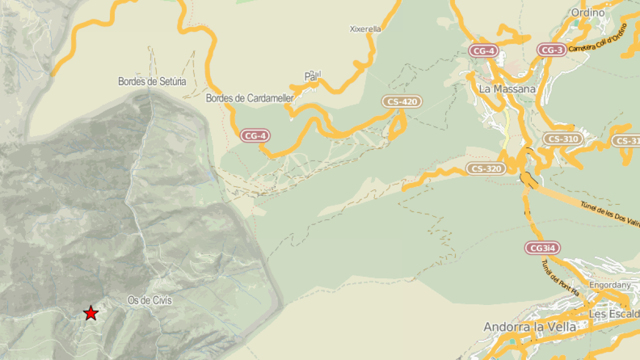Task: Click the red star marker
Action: point(91,313)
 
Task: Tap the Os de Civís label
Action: point(150,300)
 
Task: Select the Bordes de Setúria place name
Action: point(152,82)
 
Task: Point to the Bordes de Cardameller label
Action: point(250,98)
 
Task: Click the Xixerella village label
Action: point(365,29)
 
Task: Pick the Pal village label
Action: point(313,77)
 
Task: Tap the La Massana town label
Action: point(507,89)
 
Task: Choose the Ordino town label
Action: point(588,13)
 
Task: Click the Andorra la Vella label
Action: point(530,327)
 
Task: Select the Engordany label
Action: point(610,285)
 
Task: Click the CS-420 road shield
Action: point(402,101)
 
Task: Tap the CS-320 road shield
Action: point(486,169)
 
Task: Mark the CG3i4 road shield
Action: point(543,248)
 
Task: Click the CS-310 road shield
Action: point(563,139)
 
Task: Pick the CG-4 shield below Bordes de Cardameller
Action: point(255,136)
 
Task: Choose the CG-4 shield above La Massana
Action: point(483,51)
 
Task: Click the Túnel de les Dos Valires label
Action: point(611,210)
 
